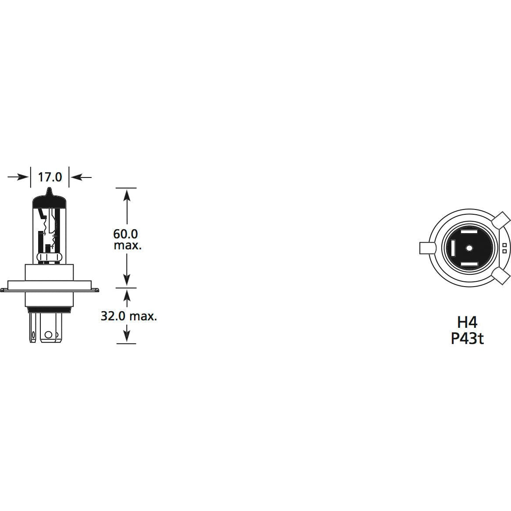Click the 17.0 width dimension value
(50, 177)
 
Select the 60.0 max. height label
(127, 239)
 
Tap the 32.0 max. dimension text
(129, 316)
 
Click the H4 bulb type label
(467, 322)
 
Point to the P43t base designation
(467, 339)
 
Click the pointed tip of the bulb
(50, 192)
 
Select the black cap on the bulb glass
(50, 202)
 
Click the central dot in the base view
(468, 248)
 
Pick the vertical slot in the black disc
(452, 248)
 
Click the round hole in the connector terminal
(49, 335)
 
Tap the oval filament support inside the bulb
(46, 257)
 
